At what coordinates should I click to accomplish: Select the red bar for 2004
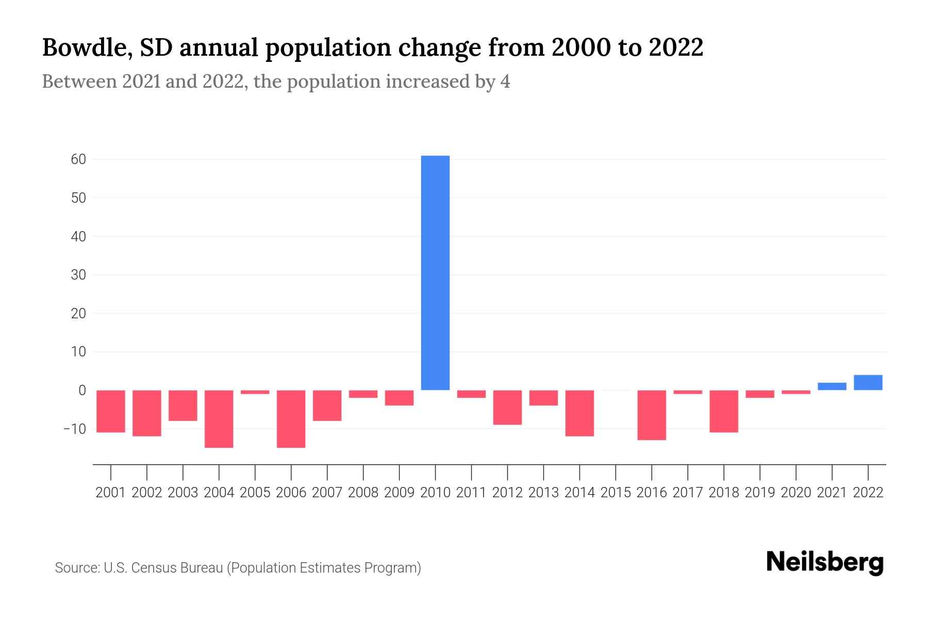[219, 418]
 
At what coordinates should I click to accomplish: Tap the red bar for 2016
[652, 415]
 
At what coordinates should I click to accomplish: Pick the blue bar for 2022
[868, 382]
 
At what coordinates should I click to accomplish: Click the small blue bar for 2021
[832, 386]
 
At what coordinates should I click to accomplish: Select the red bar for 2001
[111, 411]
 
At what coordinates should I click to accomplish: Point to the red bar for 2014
[579, 413]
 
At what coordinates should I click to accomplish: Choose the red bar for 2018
[724, 411]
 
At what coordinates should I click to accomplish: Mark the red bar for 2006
[291, 418]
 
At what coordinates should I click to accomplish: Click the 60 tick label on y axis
[78, 159]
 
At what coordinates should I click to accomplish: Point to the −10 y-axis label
[75, 429]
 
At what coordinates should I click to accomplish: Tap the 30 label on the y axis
[78, 275]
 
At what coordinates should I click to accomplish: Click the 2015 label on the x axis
[616, 493]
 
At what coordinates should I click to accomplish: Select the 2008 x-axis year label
[363, 493]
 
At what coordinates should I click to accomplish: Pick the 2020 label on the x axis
[796, 493]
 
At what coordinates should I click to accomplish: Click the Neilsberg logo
[825, 562]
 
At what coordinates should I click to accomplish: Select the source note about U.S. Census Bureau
[238, 568]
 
